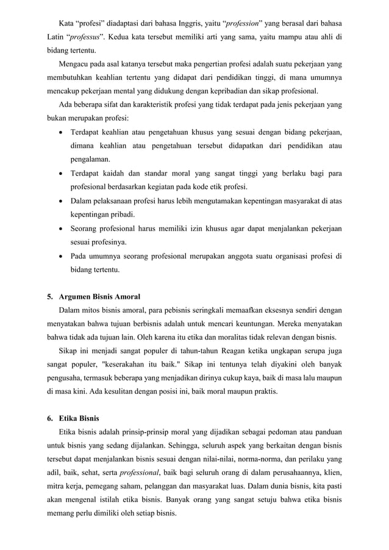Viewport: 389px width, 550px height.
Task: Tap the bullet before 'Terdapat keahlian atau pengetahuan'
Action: tap(62, 132)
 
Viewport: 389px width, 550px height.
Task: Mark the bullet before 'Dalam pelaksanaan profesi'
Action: tap(62, 201)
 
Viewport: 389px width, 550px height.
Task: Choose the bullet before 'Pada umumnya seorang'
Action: tap(62, 255)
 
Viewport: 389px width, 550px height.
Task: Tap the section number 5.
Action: tap(49, 297)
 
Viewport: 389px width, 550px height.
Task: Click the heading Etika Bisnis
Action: tap(82, 420)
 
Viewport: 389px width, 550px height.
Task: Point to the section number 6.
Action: tap(49, 420)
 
